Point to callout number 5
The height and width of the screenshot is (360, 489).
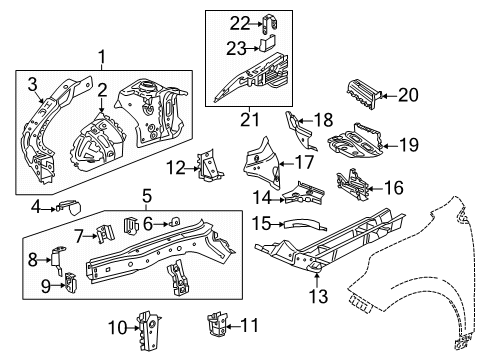pyautogui.click(x=147, y=197)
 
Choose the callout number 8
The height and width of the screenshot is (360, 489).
pyautogui.click(x=33, y=258)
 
